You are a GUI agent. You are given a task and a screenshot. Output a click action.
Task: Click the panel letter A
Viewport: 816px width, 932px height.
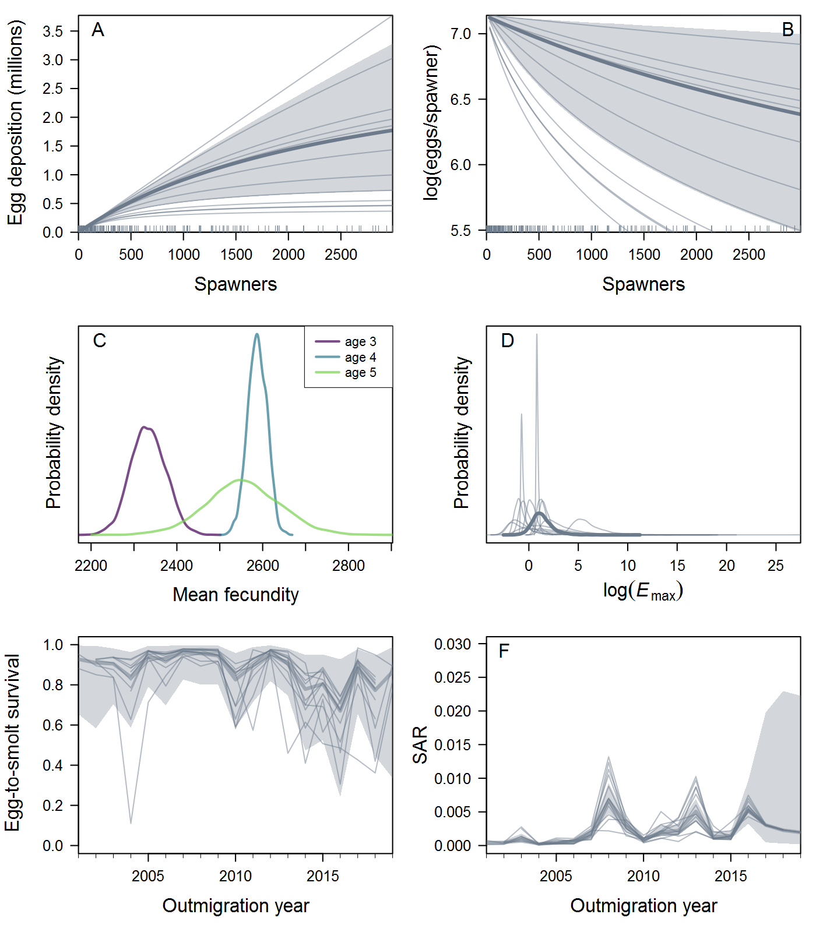pyautogui.click(x=98, y=30)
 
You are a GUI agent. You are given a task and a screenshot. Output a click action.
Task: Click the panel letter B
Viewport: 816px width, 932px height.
pyautogui.click(x=787, y=30)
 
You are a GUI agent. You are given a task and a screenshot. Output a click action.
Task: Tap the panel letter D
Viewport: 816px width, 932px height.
pyautogui.click(x=507, y=341)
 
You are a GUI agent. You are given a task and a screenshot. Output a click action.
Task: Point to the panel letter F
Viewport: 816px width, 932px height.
pyautogui.click(x=504, y=651)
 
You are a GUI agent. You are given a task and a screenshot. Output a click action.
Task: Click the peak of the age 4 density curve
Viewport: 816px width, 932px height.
pyautogui.click(x=257, y=334)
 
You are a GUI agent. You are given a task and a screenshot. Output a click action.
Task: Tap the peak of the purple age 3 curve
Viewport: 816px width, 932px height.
pyautogui.click(x=145, y=428)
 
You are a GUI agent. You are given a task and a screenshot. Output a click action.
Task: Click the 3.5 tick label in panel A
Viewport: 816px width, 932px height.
pyautogui.click(x=52, y=31)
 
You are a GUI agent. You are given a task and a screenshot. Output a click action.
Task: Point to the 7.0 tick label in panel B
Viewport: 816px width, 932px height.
pyautogui.click(x=460, y=34)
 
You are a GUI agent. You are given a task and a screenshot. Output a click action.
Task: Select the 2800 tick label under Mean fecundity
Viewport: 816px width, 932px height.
pyautogui.click(x=349, y=566)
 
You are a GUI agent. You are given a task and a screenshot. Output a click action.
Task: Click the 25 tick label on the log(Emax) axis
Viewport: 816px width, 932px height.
pyautogui.click(x=776, y=566)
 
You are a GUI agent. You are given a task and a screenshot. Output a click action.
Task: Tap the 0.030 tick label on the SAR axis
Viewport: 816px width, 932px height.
pyautogui.click(x=452, y=644)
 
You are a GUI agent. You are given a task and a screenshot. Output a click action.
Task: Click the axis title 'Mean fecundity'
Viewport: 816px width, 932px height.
pyautogui.click(x=235, y=595)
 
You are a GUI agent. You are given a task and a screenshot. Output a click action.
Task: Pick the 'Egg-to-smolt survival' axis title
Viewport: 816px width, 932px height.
pyautogui.click(x=13, y=743)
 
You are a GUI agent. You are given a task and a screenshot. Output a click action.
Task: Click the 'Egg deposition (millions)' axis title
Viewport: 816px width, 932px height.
pyautogui.click(x=15, y=122)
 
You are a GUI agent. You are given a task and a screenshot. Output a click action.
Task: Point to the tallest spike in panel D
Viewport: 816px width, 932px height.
pyautogui.click(x=537, y=335)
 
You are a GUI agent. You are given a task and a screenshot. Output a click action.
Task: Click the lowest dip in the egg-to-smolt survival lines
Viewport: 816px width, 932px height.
pyautogui.click(x=131, y=822)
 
